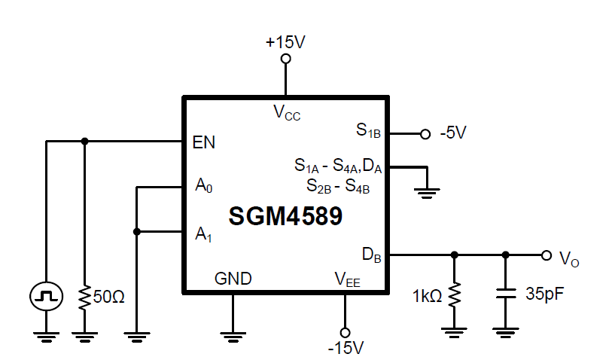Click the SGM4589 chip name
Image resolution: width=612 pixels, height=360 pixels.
[285, 216]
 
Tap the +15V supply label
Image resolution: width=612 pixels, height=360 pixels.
[285, 42]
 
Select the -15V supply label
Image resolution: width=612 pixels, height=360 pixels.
[346, 348]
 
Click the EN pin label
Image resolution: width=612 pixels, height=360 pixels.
[204, 142]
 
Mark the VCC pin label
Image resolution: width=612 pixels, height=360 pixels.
[287, 113]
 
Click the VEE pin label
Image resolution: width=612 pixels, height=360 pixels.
[348, 279]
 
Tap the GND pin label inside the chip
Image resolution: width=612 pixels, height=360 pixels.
[233, 278]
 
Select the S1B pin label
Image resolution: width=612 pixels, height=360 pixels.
[369, 130]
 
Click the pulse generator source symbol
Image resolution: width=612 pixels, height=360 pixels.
[46, 294]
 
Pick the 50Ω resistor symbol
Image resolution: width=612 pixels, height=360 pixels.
[84, 295]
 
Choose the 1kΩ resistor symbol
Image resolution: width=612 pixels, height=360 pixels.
[453, 294]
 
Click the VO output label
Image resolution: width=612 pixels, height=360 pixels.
[569, 260]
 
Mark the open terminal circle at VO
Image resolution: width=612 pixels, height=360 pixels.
[546, 255]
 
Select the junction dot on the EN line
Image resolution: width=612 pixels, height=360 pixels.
[84, 141]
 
